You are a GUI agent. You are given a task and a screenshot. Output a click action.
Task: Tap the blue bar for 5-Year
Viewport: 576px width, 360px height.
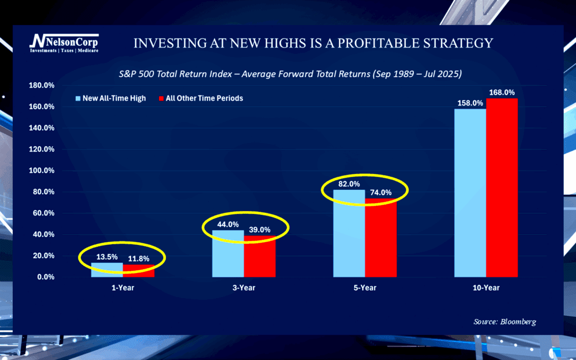pyautogui.click(x=349, y=235)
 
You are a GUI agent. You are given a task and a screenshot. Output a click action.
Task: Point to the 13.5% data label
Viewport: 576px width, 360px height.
pyautogui.click(x=107, y=257)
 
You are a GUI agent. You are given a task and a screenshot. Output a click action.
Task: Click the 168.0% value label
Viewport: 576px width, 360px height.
pyautogui.click(x=502, y=93)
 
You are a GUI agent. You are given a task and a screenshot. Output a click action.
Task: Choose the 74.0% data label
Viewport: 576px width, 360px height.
pyautogui.click(x=381, y=193)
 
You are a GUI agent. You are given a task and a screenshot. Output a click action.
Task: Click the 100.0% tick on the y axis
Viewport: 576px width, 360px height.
pyautogui.click(x=42, y=171)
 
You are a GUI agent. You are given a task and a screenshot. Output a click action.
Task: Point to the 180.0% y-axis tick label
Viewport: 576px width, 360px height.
pyautogui.click(x=42, y=85)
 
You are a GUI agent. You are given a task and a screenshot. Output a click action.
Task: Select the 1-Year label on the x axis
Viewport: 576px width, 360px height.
pyautogui.click(x=123, y=288)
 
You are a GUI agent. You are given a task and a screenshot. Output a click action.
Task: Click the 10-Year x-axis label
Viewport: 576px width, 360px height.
pyautogui.click(x=486, y=288)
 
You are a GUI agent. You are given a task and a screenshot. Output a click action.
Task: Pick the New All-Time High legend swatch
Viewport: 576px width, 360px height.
pyautogui.click(x=78, y=99)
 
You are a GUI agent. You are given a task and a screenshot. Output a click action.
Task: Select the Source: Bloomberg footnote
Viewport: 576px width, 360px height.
pyautogui.click(x=505, y=322)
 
